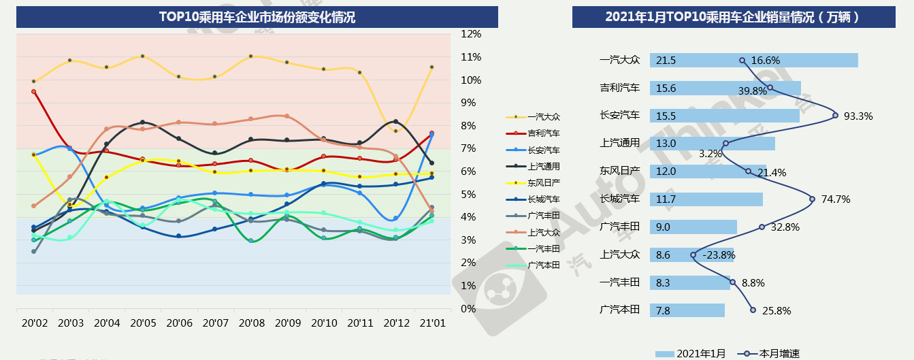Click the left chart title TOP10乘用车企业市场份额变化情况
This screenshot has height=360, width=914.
(x=257, y=17)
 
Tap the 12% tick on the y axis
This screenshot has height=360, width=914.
(x=471, y=33)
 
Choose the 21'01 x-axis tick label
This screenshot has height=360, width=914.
(x=431, y=323)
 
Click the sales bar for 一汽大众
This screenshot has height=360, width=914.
(x=753, y=61)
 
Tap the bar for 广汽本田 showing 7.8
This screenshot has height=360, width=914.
(x=687, y=310)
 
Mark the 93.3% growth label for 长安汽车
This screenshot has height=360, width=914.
(x=858, y=116)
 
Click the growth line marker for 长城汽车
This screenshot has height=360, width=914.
(x=813, y=199)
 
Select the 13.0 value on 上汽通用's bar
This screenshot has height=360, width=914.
(x=666, y=144)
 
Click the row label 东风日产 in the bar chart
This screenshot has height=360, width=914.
(x=619, y=171)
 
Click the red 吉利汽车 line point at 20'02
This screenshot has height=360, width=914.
(x=34, y=92)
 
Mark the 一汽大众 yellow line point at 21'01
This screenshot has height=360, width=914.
(x=431, y=67)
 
